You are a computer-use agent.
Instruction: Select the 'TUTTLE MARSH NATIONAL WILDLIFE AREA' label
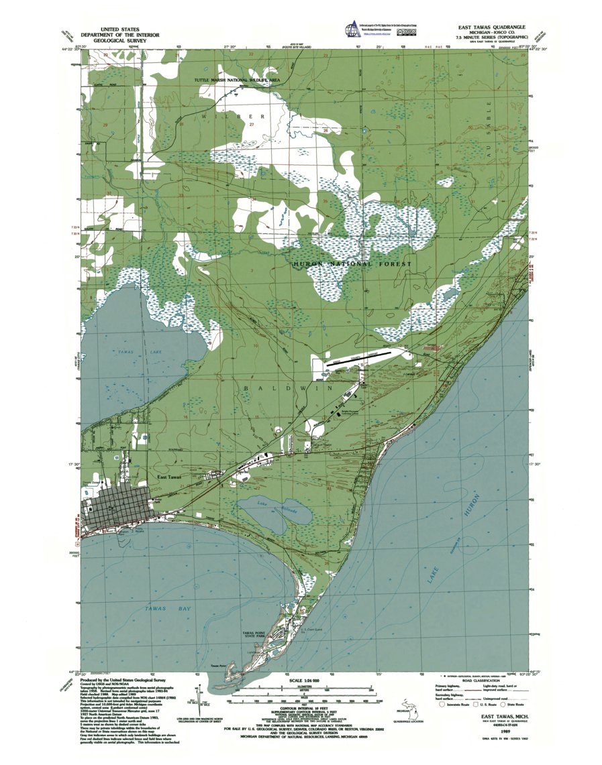click(237, 80)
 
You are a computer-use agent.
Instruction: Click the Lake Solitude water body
click(276, 512)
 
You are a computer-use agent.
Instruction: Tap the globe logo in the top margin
click(351, 30)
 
